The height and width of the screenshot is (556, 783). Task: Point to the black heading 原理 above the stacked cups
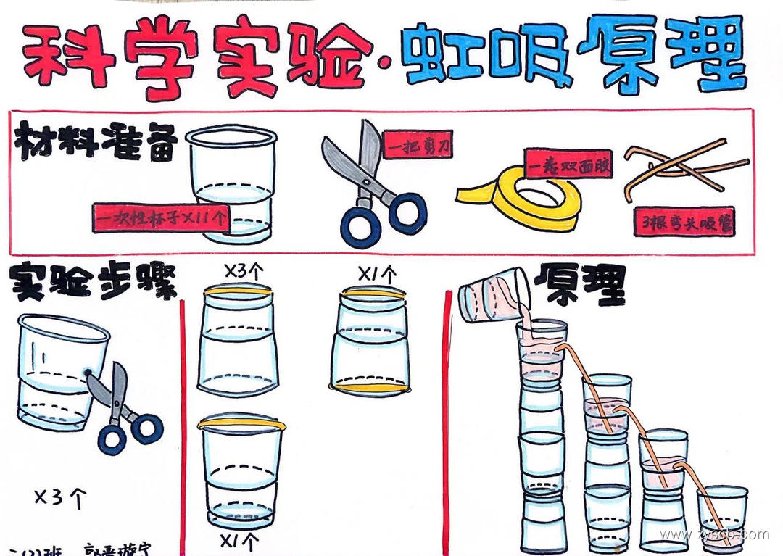[579, 285]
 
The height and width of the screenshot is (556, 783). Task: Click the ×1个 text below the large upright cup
[239, 539]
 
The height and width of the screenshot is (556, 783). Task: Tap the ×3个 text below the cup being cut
[61, 497]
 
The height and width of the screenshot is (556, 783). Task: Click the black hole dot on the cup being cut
[88, 373]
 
